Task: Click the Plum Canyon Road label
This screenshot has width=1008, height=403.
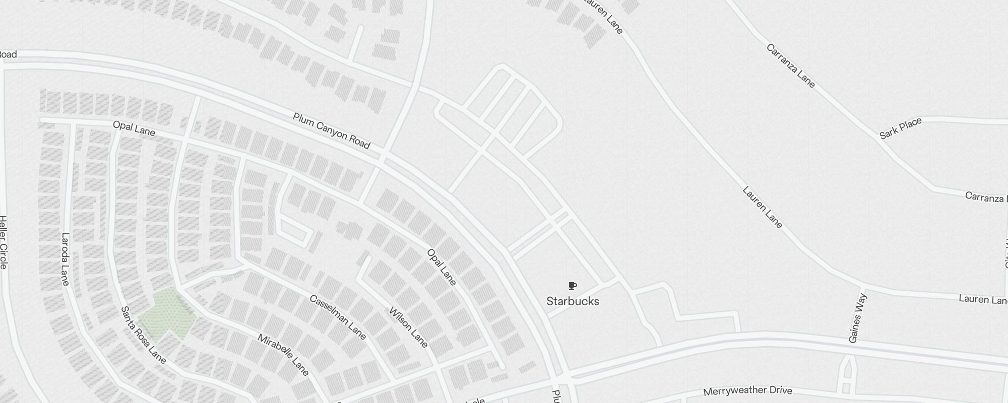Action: pos(331,131)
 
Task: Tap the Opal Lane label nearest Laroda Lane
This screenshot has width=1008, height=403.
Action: pos(134,128)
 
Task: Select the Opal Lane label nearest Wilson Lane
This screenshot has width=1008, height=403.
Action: pos(442,267)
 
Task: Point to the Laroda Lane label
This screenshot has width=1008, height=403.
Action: pos(65,259)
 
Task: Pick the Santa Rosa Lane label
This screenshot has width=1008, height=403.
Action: pos(143,335)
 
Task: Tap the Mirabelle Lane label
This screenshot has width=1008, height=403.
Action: pos(283,355)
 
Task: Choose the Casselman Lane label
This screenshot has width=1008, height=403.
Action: pos(338,317)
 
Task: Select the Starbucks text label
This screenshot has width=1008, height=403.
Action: pos(573,301)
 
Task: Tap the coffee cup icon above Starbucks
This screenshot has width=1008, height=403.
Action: pos(572,286)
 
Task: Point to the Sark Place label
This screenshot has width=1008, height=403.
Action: pos(901,128)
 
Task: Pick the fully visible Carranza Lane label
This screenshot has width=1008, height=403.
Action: pos(790,65)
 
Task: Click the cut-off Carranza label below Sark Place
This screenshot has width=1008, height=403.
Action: pos(985,197)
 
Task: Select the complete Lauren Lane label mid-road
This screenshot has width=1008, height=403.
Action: pos(762,207)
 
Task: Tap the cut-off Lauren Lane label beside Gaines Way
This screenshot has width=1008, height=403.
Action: pos(982,299)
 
